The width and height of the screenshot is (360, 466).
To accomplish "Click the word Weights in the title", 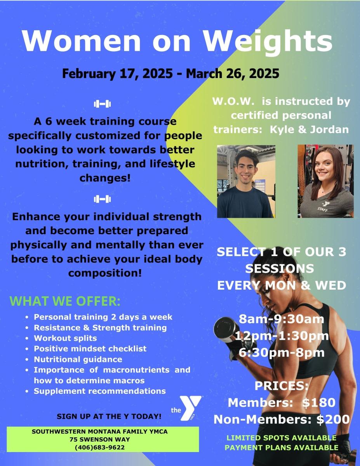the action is pyautogui.click(x=268, y=41).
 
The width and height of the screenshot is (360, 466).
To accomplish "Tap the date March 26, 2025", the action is pyautogui.click(x=233, y=73).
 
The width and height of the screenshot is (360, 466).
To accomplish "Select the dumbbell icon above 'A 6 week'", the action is pyautogui.click(x=102, y=104).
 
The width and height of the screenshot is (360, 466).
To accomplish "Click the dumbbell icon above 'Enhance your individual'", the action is pyautogui.click(x=102, y=199).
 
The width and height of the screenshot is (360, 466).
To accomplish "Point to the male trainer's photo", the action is pyautogui.click(x=246, y=181).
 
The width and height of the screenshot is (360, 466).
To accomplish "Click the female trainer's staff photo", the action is pyautogui.click(x=325, y=181).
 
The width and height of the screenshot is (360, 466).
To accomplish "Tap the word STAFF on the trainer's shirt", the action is pyautogui.click(x=322, y=209).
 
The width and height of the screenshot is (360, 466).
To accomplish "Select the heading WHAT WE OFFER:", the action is pyautogui.click(x=65, y=301).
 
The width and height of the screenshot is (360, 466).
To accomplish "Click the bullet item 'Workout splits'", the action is pyautogui.click(x=65, y=338).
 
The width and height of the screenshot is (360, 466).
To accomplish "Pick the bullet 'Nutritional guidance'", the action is pyautogui.click(x=78, y=359).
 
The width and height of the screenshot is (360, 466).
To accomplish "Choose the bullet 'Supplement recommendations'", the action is pyautogui.click(x=100, y=391).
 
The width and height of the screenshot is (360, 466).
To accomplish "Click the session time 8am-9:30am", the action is pyautogui.click(x=282, y=319).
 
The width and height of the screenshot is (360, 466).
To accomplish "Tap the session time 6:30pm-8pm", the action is pyautogui.click(x=282, y=353).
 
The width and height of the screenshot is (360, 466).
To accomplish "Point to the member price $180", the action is pyautogui.click(x=319, y=402).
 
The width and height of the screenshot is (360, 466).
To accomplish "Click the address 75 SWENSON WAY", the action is pyautogui.click(x=100, y=440).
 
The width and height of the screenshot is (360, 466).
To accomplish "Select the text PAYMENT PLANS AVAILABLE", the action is pyautogui.click(x=282, y=448).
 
